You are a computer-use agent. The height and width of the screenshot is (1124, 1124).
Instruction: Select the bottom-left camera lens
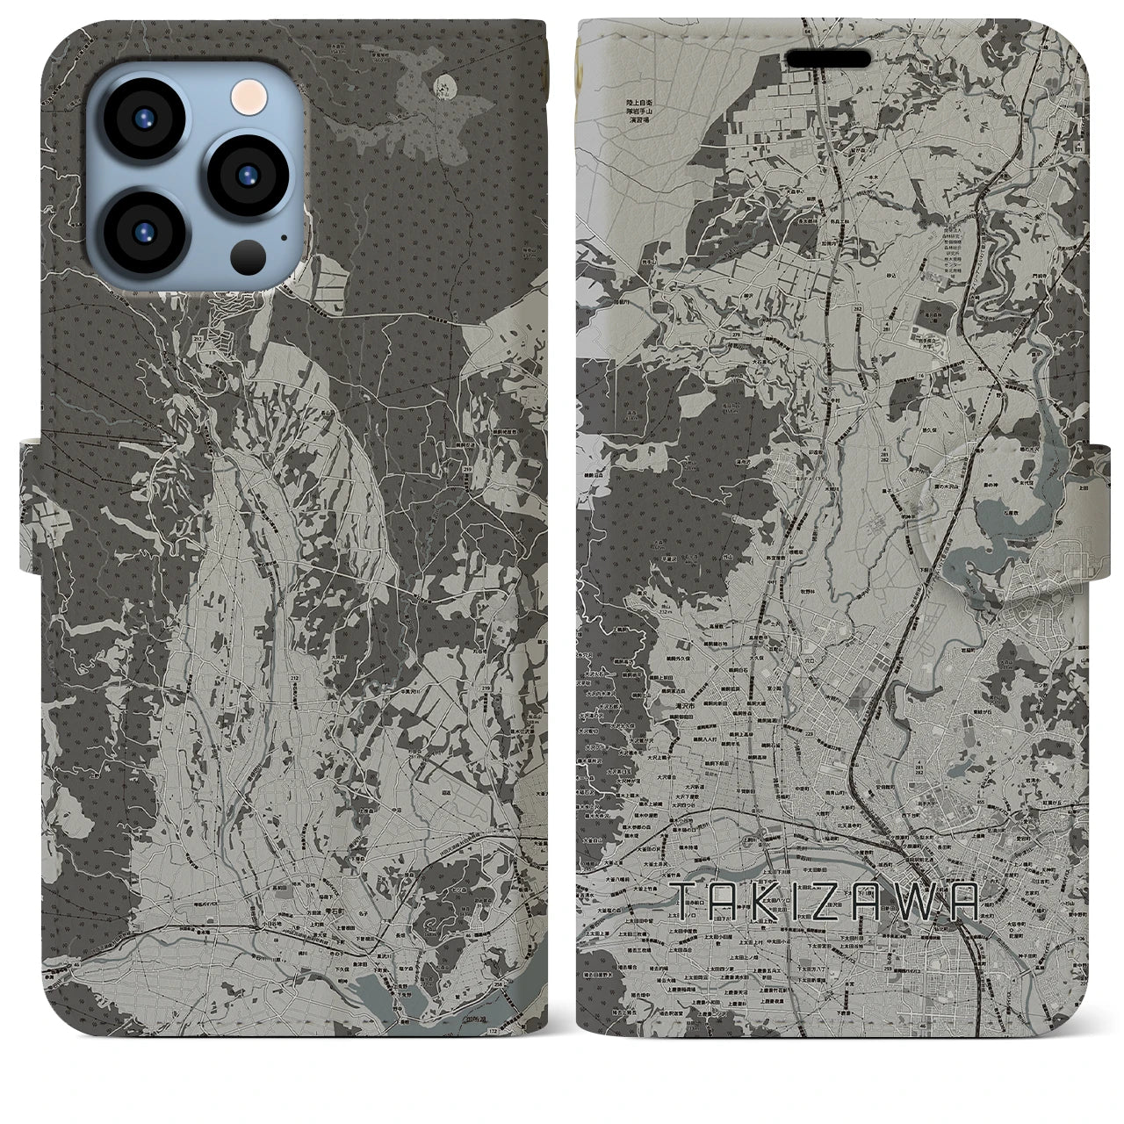click(x=143, y=232)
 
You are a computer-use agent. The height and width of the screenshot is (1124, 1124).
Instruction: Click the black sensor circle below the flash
click(x=249, y=255)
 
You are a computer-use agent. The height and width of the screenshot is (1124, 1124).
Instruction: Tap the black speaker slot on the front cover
click(x=828, y=59)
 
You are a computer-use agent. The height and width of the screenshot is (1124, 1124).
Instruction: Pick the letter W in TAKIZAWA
click(x=921, y=903)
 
